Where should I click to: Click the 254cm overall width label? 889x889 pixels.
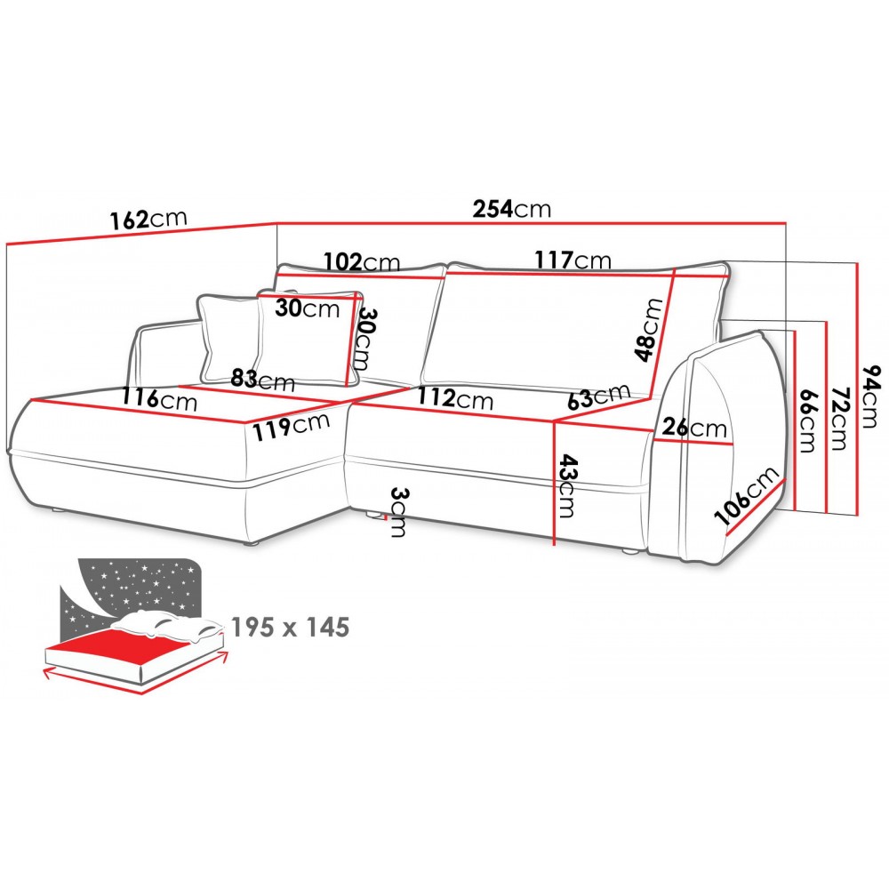tap(512, 209)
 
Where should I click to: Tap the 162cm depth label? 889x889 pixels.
tap(148, 219)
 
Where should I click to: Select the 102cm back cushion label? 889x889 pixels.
tap(362, 262)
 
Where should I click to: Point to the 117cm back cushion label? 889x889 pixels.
tap(573, 260)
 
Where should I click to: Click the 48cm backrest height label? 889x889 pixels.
tap(649, 330)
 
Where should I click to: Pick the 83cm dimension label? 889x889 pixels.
tap(262, 379)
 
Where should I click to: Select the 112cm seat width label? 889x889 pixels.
tap(455, 398)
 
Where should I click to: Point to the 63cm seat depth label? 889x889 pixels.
tap(598, 396)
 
